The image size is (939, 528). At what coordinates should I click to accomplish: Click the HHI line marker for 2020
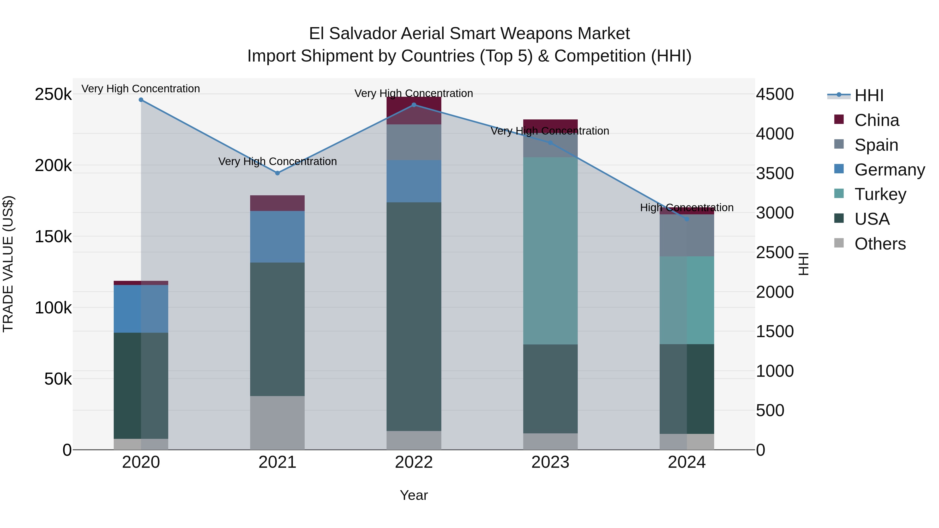coord(141,100)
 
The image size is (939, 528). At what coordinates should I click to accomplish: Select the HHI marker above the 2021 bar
coord(278,173)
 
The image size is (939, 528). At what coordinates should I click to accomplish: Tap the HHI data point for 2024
coord(687,219)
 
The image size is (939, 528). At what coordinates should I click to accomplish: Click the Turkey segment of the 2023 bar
coord(550,251)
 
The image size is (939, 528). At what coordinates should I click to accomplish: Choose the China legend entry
coord(876,120)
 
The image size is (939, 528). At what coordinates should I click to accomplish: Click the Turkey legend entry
coord(880,194)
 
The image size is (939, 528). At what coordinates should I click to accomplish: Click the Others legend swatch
coord(839,243)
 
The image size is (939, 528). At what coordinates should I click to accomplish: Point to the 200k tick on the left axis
coord(53,165)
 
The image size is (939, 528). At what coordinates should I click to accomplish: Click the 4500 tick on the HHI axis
coord(775,94)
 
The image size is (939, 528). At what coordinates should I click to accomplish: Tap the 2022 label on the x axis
coord(414,462)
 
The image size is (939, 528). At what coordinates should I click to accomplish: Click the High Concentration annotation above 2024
coord(687,208)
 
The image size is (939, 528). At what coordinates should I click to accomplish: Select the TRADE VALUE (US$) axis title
coord(8,264)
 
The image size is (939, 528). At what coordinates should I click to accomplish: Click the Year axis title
coord(414,495)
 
